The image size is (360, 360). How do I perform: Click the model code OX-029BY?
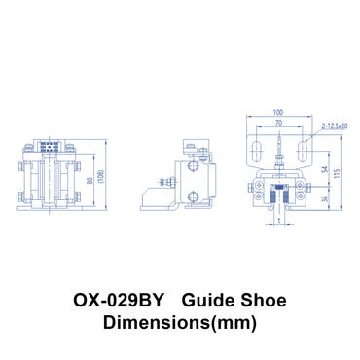(x=118, y=295)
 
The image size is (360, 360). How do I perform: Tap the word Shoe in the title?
(x=262, y=295)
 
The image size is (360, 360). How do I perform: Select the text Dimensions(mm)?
(x=180, y=320)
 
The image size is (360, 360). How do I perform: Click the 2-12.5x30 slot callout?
(x=333, y=126)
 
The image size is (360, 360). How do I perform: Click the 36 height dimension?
(x=324, y=198)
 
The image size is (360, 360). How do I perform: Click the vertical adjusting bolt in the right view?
(x=279, y=154)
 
